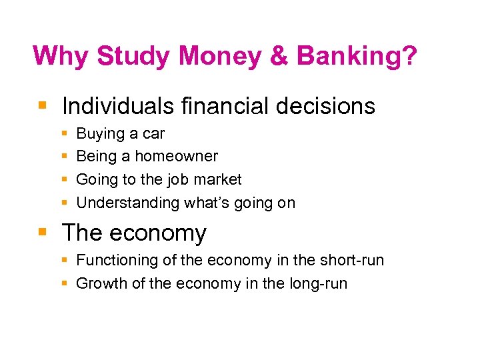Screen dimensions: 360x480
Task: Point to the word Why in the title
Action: (61, 56)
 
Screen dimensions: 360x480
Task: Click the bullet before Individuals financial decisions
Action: (42, 105)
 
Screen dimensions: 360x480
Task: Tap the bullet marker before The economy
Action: (42, 233)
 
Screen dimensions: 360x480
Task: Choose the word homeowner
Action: (176, 156)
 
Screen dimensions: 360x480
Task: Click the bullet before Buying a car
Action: (64, 134)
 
